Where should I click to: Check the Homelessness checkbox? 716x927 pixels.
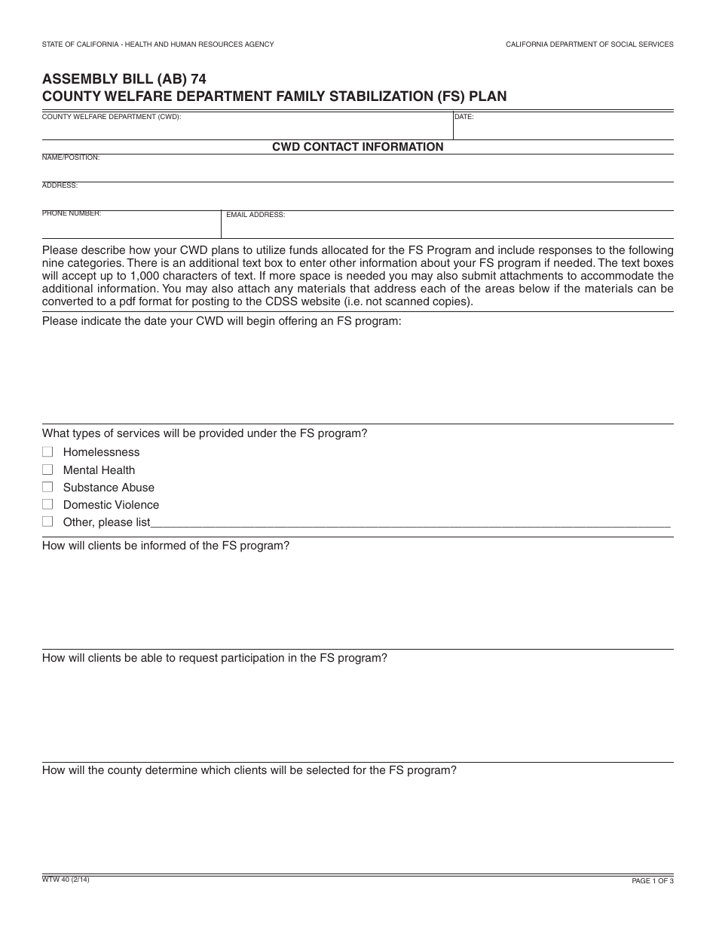coord(47,452)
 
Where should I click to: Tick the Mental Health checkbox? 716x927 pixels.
coord(47,470)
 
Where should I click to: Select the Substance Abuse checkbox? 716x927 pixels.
coord(47,487)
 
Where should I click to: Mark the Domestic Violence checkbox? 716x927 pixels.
coord(47,504)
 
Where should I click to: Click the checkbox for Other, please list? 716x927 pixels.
coord(47,522)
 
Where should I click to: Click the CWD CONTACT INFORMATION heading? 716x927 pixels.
coord(357,147)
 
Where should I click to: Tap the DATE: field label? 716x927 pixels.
coord(464,118)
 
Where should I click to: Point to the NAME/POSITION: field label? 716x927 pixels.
coord(71,158)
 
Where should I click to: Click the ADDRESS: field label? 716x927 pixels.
coord(60,185)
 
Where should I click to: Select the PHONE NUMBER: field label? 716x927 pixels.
coord(72,213)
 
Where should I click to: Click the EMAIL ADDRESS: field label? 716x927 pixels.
coord(255,215)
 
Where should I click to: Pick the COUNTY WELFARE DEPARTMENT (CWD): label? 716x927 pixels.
coord(112,118)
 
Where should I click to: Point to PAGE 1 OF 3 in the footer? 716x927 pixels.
coord(652,881)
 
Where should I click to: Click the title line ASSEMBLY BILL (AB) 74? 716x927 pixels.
coord(124,79)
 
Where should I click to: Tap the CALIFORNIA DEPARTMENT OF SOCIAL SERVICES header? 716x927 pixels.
coord(589,44)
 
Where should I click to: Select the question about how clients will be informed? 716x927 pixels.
coord(166,546)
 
